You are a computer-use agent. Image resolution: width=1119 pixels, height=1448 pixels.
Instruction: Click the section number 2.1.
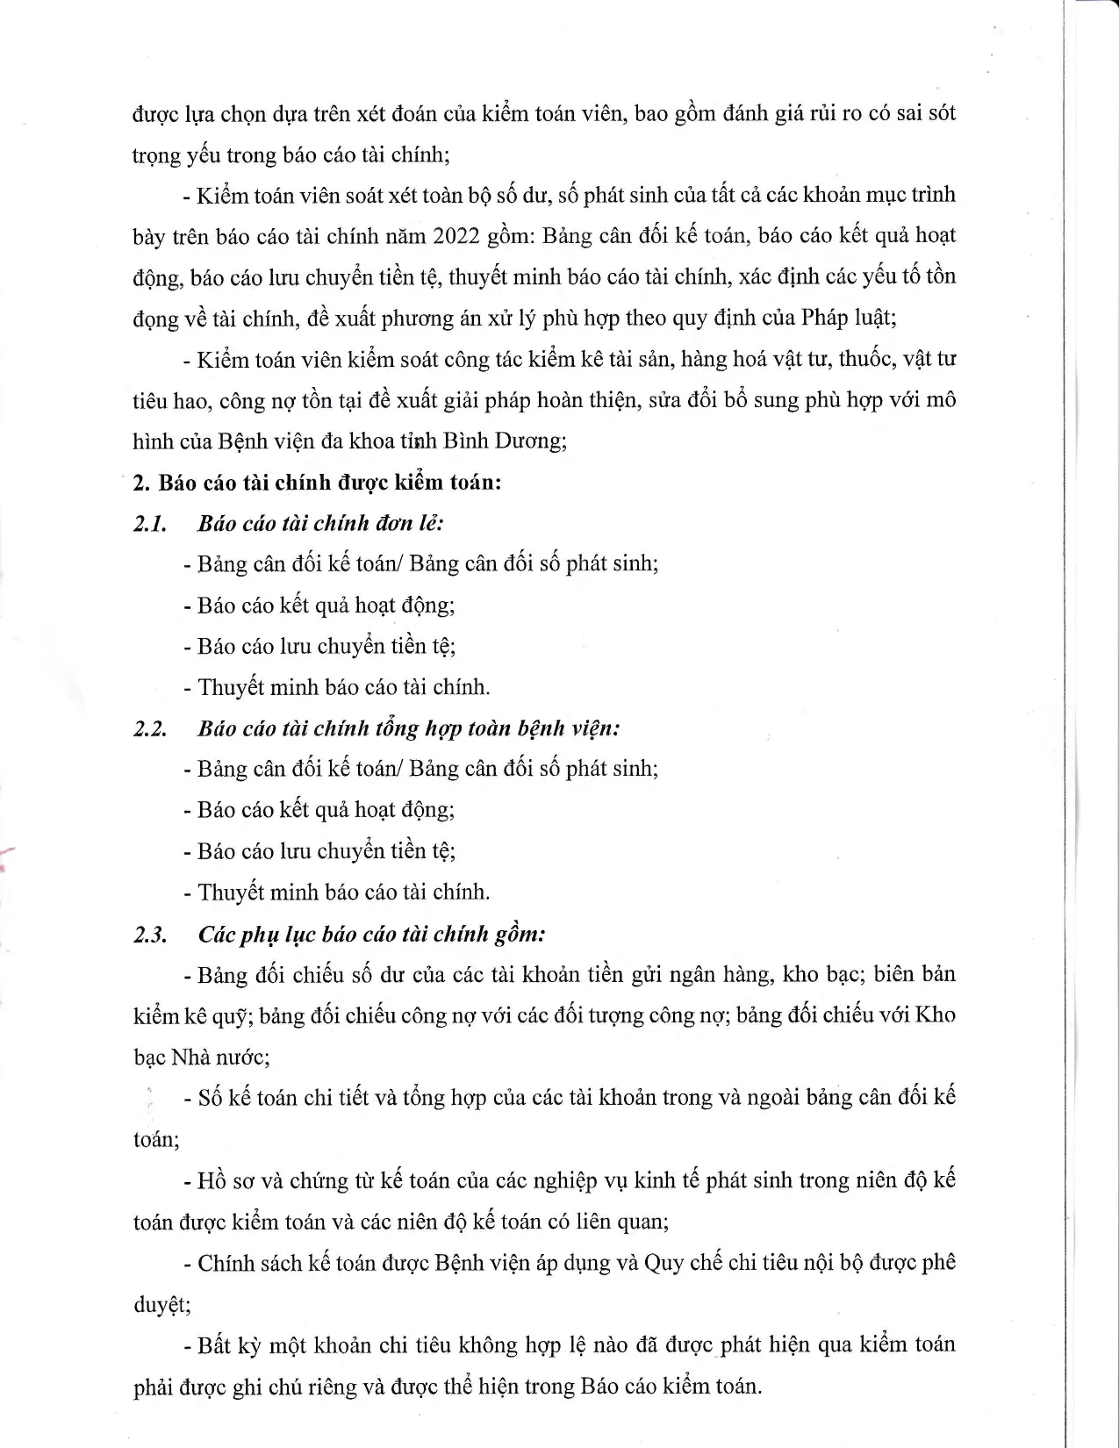click(x=150, y=524)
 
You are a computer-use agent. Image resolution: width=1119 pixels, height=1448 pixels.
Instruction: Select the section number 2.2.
click(x=150, y=729)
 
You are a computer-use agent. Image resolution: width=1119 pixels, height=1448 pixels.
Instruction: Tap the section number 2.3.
click(x=150, y=935)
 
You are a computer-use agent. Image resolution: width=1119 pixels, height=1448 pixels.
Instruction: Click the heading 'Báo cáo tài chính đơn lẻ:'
click(x=320, y=524)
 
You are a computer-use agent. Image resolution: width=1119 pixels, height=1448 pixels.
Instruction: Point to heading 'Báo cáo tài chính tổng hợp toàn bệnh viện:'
click(x=409, y=729)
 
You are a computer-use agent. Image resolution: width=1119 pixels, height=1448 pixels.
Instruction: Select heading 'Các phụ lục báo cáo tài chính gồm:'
click(x=371, y=935)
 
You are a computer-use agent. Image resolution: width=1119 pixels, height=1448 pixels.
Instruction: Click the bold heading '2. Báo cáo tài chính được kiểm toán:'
click(x=317, y=483)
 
